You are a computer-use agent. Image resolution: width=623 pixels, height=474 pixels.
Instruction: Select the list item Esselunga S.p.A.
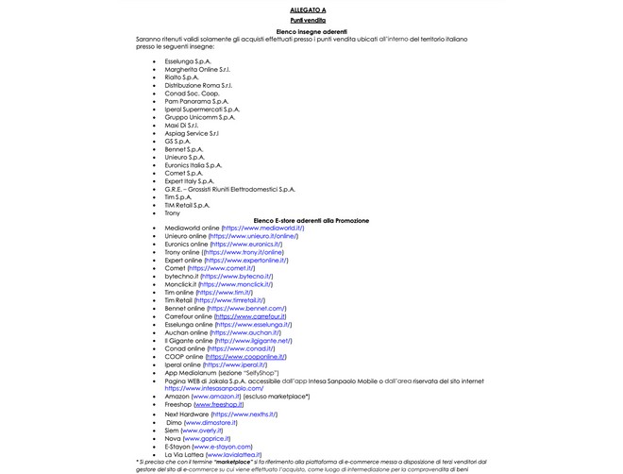(x=188, y=60)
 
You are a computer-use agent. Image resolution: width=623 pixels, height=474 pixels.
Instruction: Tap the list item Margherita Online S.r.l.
(x=197, y=69)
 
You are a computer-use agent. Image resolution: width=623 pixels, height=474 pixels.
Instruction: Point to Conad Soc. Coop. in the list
(x=191, y=93)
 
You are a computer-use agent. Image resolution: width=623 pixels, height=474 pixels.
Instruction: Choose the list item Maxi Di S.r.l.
(x=181, y=125)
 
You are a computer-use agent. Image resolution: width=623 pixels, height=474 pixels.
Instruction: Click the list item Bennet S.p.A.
(x=183, y=149)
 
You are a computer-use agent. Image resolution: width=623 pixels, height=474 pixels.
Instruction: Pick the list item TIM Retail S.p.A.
(x=187, y=205)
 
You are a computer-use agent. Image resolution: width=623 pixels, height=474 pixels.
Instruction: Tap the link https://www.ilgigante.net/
(x=253, y=340)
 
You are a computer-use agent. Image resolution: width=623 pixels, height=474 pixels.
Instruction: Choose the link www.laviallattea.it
(x=227, y=454)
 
